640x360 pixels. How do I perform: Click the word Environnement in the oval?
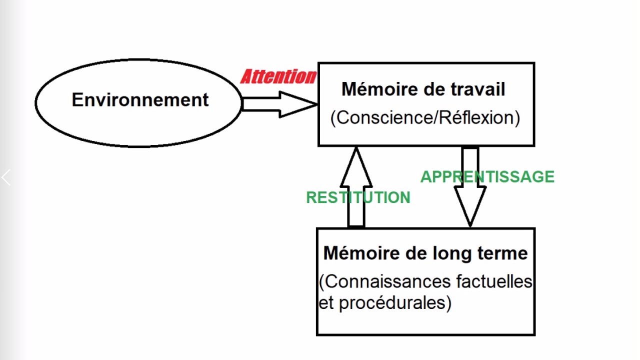pos(140,100)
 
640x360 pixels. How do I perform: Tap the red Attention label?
pos(278,76)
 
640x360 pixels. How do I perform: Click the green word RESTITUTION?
pos(358,197)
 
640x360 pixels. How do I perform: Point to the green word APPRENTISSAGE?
pos(487,177)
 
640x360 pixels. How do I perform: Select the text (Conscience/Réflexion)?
pos(425,118)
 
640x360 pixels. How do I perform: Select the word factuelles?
pos(494,281)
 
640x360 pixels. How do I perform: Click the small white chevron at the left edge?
pos(6,177)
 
